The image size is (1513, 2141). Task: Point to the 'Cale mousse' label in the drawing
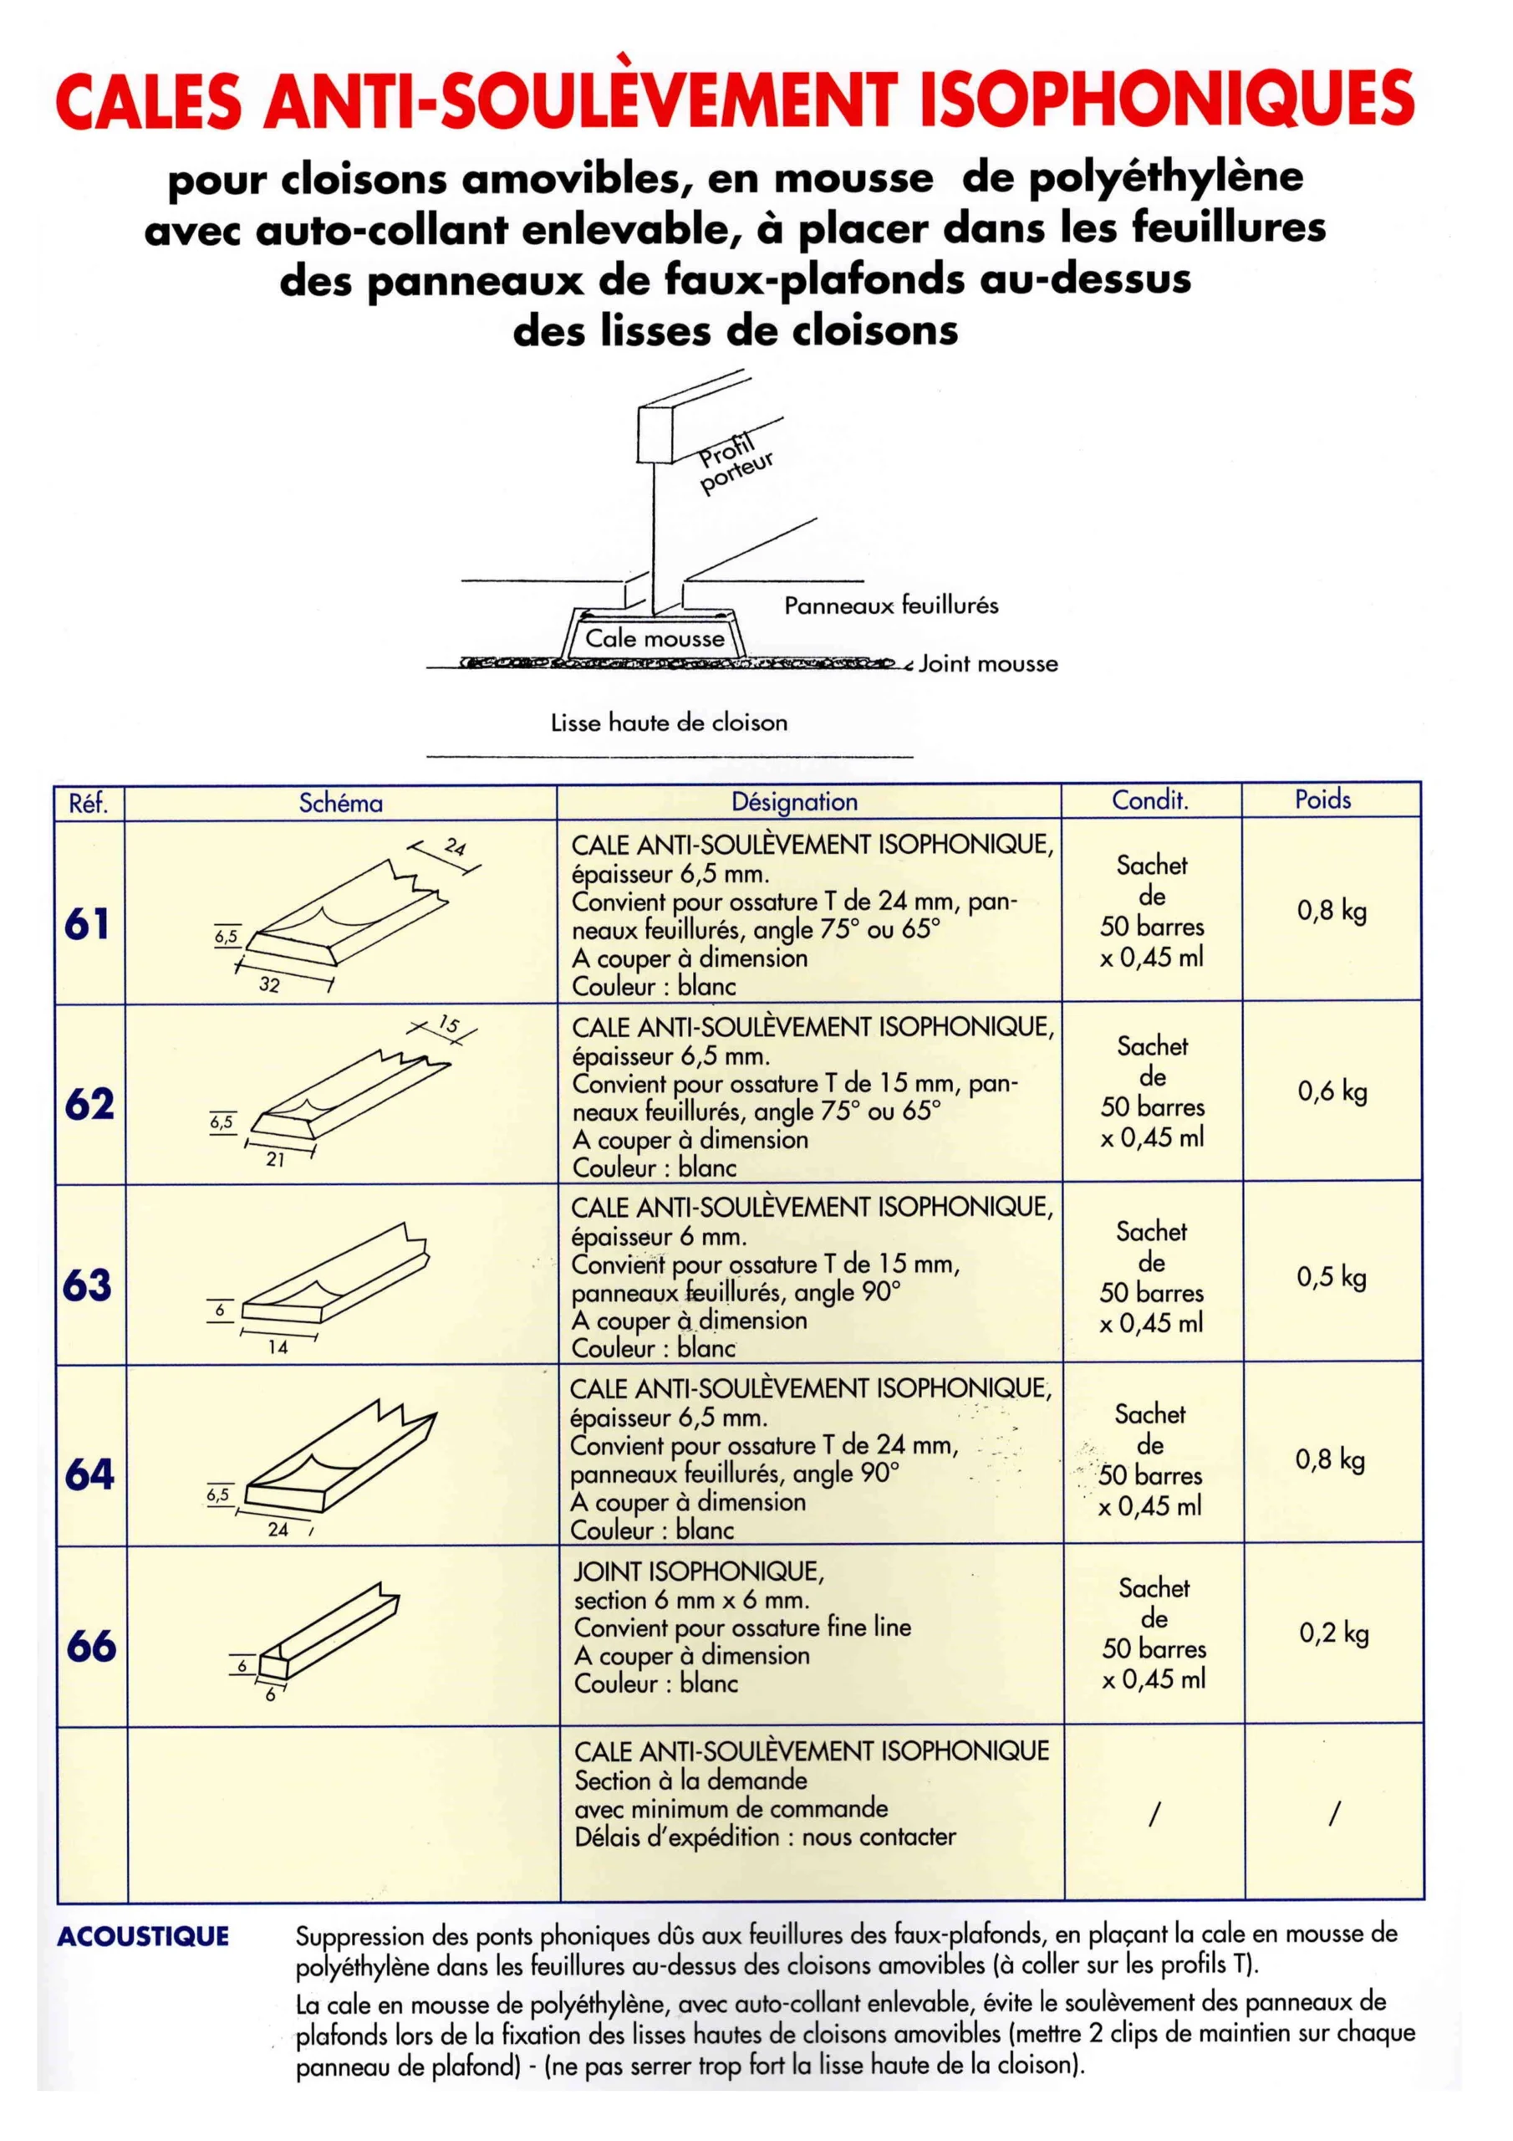tap(655, 639)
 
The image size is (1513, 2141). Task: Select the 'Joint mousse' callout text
tap(988, 664)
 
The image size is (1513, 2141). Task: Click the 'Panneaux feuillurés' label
tap(890, 606)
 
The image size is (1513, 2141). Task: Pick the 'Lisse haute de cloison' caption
tap(669, 723)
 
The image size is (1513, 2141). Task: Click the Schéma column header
tap(340, 803)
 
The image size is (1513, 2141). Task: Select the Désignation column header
tap(794, 802)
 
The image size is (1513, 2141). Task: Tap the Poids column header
tap(1322, 800)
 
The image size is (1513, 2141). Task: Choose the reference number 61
tap(88, 924)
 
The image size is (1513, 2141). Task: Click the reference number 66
tap(91, 1646)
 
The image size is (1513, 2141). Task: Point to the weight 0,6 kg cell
tap(1332, 1091)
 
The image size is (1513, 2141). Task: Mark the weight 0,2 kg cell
tap(1334, 1633)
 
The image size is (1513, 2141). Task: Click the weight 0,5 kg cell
tap(1332, 1276)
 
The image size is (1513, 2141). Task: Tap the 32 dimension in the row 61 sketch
tap(269, 984)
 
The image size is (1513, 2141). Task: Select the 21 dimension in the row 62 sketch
tap(275, 1160)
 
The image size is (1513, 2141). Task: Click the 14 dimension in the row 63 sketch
tap(278, 1347)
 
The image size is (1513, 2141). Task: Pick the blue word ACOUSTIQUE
tap(143, 1937)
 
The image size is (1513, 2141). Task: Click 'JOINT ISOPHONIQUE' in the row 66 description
tap(698, 1571)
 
